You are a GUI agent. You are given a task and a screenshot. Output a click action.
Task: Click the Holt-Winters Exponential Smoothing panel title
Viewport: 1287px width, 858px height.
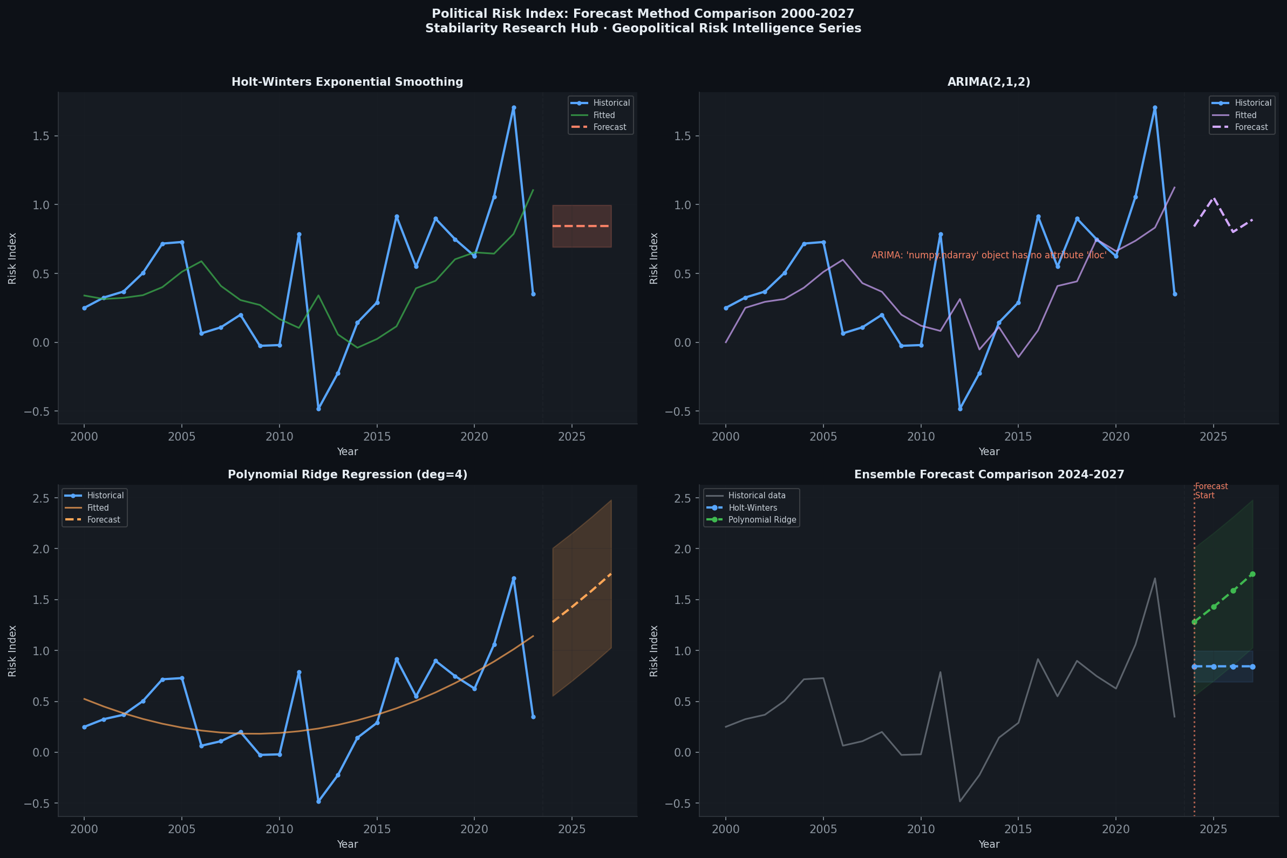(x=347, y=82)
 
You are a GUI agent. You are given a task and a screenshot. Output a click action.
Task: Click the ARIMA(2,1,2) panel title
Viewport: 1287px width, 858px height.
(x=989, y=82)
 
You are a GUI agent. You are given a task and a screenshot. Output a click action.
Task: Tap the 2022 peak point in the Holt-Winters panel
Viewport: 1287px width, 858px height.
(x=514, y=108)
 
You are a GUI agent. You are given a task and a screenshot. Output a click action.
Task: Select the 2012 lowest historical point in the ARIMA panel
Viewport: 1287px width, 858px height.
(x=959, y=409)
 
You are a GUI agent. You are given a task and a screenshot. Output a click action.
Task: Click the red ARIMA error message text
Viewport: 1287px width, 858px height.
(x=989, y=256)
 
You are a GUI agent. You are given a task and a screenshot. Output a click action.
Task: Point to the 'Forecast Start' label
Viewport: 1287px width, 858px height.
(x=1211, y=491)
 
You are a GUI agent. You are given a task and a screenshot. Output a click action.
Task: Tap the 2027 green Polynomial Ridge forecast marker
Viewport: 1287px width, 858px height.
(x=1252, y=574)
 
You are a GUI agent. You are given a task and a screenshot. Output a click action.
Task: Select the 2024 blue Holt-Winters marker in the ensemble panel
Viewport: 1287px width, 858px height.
(x=1195, y=667)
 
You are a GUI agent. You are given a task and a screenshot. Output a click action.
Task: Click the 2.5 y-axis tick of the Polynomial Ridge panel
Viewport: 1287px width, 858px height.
(x=41, y=498)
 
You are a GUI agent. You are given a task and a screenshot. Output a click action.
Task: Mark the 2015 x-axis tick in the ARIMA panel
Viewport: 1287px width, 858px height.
(x=1018, y=437)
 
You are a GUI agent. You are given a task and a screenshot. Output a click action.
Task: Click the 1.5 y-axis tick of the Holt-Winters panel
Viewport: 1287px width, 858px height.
(x=41, y=136)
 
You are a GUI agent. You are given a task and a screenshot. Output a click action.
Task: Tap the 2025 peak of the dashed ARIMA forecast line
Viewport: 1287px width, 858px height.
(x=1214, y=197)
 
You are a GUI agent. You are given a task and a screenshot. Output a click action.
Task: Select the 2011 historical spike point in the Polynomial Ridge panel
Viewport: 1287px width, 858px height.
(x=299, y=672)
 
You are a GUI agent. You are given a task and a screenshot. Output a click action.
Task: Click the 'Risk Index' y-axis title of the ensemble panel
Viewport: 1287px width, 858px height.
(x=653, y=650)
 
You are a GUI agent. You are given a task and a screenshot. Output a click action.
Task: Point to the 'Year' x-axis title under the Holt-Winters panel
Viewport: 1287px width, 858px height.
(x=347, y=451)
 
